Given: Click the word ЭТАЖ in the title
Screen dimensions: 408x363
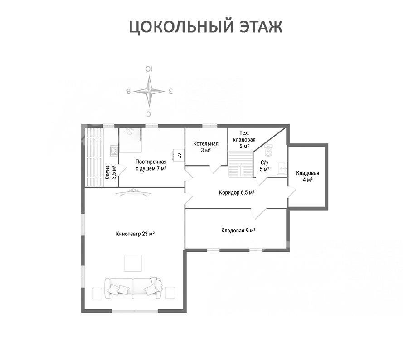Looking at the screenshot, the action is click(x=261, y=27).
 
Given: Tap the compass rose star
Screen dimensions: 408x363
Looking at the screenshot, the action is click(x=149, y=91).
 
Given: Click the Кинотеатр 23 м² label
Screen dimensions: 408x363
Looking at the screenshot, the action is click(x=135, y=234).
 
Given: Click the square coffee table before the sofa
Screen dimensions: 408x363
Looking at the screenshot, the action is click(x=133, y=263).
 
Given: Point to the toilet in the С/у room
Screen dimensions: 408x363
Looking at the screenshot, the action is click(x=268, y=150).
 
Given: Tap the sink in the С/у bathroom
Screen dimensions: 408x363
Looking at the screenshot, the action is click(x=282, y=168).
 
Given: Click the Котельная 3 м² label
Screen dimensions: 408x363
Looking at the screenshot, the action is click(x=206, y=147).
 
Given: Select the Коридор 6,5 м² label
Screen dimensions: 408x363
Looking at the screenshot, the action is click(x=237, y=193).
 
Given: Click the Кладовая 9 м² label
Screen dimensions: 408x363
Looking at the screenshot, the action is click(x=238, y=231).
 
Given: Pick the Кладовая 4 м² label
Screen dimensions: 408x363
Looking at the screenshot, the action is click(x=307, y=177).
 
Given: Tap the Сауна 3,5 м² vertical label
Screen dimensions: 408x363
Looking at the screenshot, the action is click(x=111, y=172).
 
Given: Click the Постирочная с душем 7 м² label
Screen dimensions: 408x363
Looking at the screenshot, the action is click(x=151, y=165).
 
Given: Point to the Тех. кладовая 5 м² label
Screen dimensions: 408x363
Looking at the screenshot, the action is click(x=244, y=140).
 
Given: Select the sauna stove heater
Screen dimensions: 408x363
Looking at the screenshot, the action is click(x=114, y=150).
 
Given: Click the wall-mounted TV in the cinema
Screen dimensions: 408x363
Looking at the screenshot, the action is click(x=134, y=192).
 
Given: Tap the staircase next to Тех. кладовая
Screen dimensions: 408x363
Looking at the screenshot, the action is click(x=241, y=164).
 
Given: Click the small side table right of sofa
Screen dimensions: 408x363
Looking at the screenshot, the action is click(x=170, y=293).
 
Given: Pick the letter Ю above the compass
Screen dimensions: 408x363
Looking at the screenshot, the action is click(x=149, y=69).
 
